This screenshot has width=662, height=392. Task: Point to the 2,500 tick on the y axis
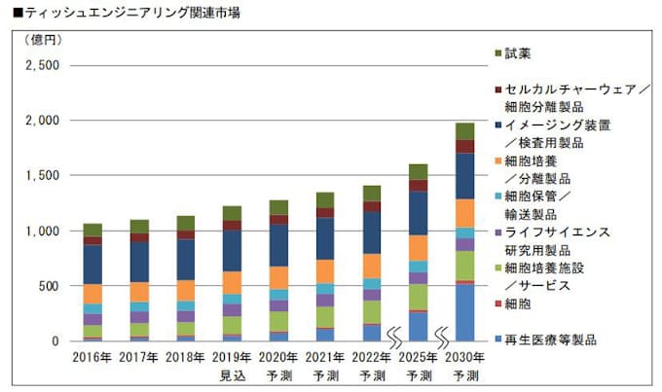click(41, 66)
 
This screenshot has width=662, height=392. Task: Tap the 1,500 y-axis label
click(42, 176)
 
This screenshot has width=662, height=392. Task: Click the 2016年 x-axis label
click(92, 357)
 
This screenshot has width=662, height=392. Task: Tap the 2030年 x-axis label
click(463, 357)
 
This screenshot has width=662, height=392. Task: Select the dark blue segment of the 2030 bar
click(464, 176)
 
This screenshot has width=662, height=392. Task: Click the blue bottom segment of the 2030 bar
click(464, 313)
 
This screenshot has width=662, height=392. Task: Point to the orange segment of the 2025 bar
click(418, 248)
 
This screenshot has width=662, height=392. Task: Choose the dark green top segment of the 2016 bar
click(92, 230)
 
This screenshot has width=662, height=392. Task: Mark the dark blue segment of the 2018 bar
click(185, 260)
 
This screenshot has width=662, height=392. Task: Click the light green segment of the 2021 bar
click(325, 317)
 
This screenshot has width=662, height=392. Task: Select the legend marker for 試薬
click(498, 53)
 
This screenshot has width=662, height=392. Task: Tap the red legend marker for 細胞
click(498, 305)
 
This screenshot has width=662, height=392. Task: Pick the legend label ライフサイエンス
click(558, 232)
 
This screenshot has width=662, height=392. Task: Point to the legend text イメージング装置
click(558, 125)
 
